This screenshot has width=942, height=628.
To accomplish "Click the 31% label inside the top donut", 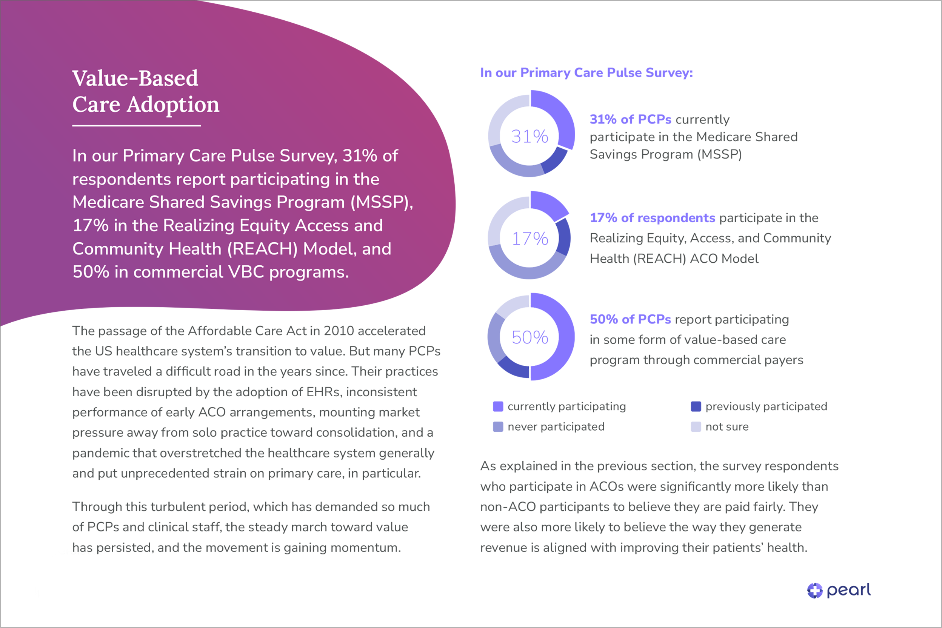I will click(529, 137).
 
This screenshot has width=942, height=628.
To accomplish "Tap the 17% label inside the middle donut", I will click(529, 239).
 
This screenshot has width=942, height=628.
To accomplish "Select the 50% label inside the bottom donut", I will click(529, 337).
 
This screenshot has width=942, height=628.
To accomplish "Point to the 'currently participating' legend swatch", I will click(498, 406).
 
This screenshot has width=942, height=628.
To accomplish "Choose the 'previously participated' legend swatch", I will click(696, 406).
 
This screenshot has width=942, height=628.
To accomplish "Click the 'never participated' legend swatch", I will click(498, 427).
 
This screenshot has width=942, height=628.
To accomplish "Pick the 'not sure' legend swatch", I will click(696, 427).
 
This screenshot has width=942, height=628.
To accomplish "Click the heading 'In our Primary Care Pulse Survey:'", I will click(586, 72).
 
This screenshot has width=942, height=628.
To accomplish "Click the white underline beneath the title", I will click(136, 126).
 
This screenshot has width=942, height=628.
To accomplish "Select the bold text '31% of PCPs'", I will click(630, 119).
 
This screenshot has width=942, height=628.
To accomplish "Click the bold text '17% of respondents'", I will click(653, 218).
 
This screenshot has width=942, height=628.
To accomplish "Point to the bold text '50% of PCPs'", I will click(630, 319).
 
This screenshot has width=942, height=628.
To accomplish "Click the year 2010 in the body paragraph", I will click(339, 331).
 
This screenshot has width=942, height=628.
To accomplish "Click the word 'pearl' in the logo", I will click(849, 590).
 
